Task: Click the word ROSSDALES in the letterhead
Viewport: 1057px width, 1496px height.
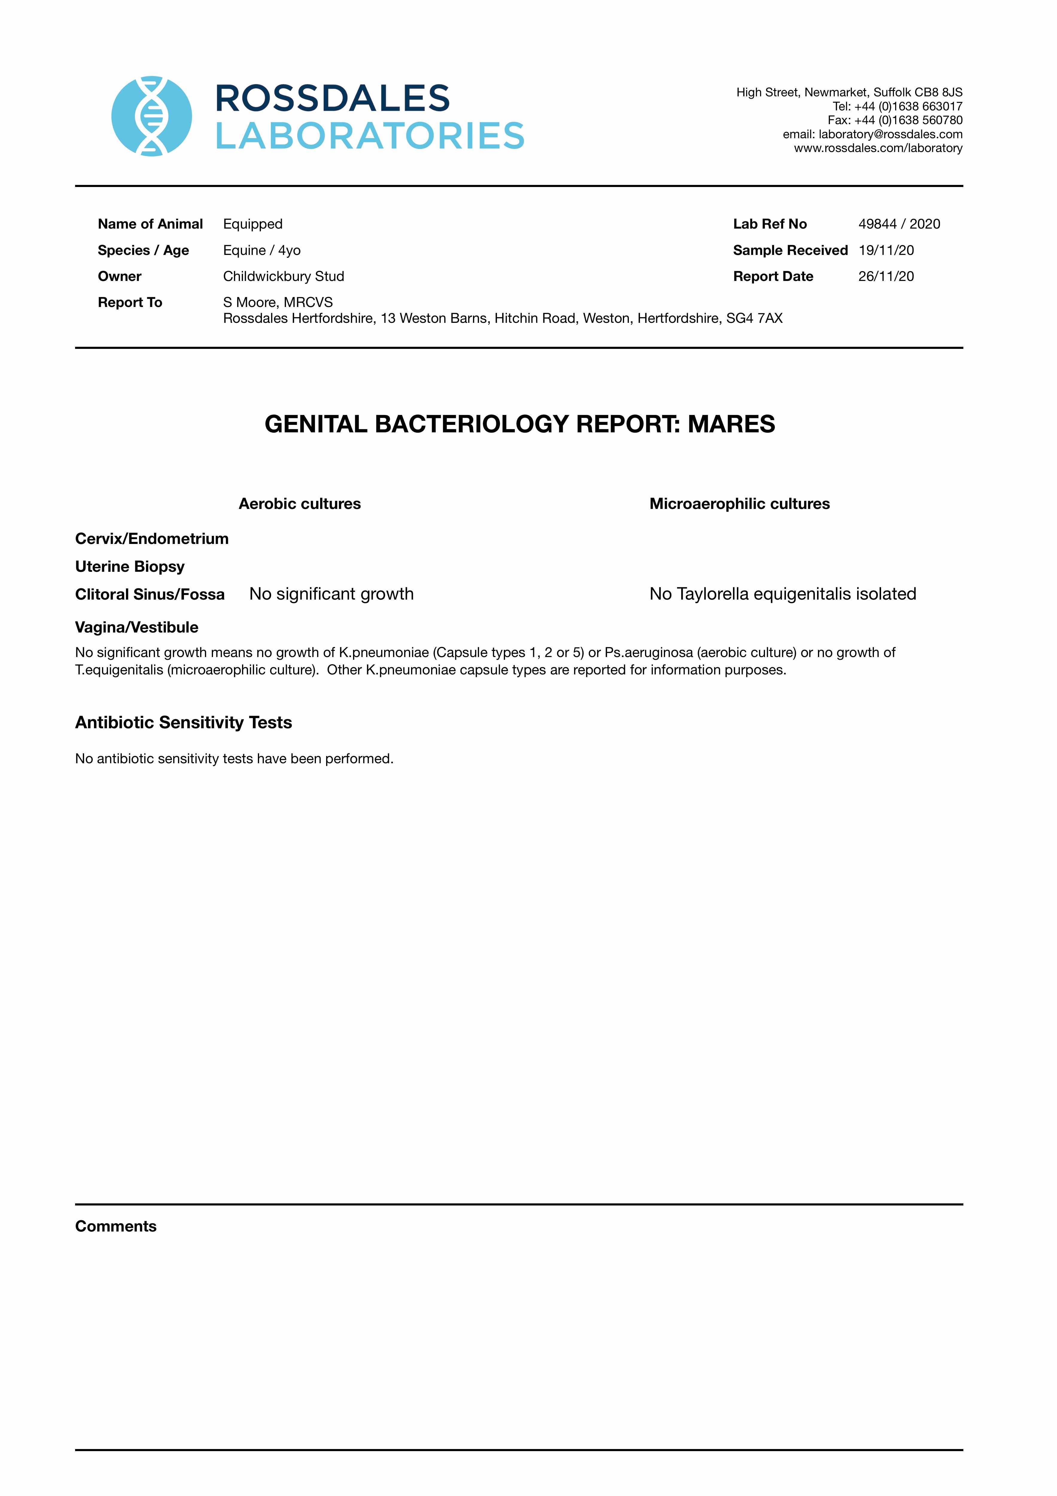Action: coord(332,99)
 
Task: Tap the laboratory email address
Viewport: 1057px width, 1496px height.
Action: coord(890,134)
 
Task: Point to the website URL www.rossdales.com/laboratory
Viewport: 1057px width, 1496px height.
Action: coord(878,149)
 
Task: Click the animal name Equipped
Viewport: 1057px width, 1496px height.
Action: coord(253,224)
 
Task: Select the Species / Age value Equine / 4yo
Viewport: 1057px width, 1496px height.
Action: coord(262,250)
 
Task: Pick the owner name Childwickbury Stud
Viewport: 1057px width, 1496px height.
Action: coord(284,276)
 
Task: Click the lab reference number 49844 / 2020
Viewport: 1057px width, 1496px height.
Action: coord(899,224)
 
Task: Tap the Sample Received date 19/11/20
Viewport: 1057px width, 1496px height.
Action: coord(886,250)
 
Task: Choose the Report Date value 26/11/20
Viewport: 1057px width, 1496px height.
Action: coord(886,276)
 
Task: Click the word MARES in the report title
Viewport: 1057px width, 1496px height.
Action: coord(731,424)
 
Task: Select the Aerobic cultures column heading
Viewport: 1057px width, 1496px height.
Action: coord(300,504)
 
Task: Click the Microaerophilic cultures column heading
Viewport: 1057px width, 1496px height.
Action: coord(740,504)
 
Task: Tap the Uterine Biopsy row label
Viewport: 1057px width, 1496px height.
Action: coord(130,567)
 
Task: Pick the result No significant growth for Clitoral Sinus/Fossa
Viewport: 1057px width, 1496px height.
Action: coord(331,594)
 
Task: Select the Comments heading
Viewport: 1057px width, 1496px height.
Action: coord(116,1226)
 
